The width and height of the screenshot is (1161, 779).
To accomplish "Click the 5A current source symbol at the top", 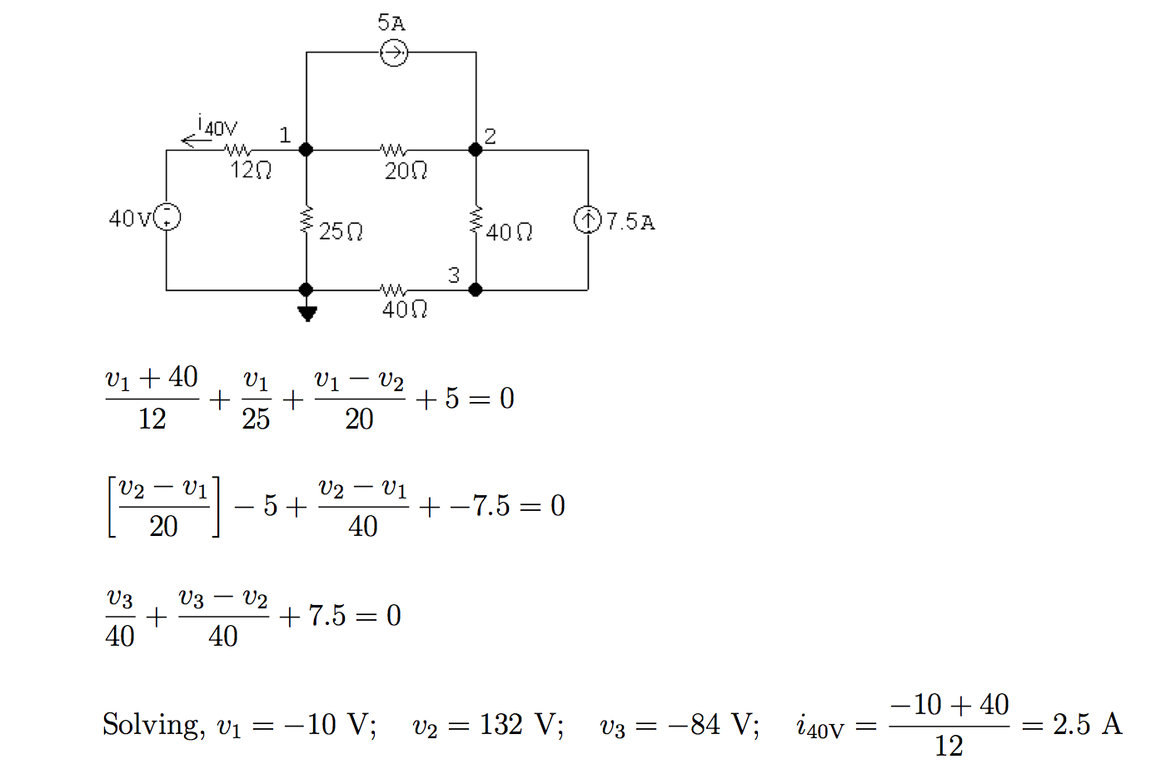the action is tap(394, 52).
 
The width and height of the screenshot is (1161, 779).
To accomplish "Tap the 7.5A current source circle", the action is tap(588, 220).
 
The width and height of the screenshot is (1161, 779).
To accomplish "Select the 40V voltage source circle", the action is tap(167, 216).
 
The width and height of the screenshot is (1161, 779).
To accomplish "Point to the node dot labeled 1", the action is tap(306, 150).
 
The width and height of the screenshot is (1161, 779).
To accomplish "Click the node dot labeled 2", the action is tap(476, 150).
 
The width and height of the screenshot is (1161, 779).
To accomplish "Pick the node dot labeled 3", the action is tap(476, 290).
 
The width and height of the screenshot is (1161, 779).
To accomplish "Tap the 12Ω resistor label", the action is tap(251, 170).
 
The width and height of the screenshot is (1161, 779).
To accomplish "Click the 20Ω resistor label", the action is tap(406, 171).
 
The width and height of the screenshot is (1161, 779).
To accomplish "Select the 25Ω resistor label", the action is tap(341, 231).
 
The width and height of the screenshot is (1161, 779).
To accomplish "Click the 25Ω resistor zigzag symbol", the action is tap(306, 219).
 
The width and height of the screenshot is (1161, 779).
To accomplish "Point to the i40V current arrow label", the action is tap(217, 126).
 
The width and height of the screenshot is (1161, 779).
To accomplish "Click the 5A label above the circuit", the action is tap(391, 22).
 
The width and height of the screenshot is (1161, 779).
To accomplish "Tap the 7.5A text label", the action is tap(630, 221).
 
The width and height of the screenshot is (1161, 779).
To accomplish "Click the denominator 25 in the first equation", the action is tap(256, 419).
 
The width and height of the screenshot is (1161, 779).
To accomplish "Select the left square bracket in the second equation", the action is tap(112, 507).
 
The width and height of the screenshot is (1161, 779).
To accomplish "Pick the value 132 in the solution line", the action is tap(501, 723).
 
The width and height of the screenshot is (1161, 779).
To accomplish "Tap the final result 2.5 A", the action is tap(1088, 723).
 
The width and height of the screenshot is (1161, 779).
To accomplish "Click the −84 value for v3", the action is tap(694, 723).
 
